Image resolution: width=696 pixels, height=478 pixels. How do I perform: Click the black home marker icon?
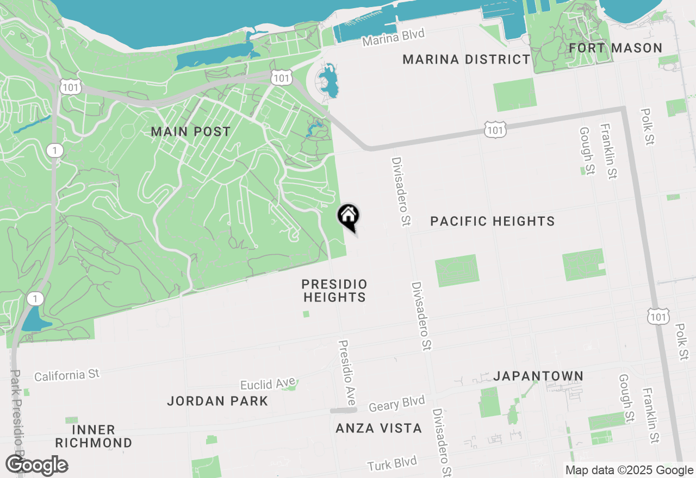tap(349, 217)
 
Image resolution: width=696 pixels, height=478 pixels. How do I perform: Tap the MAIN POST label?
tap(191, 131)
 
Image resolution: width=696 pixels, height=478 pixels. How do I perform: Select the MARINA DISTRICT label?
tap(467, 59)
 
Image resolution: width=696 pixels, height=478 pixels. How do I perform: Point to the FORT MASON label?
tap(616, 48)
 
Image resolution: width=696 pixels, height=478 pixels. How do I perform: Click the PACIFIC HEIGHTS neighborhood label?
tap(493, 221)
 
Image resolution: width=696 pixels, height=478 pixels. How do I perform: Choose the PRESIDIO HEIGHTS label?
tap(334, 291)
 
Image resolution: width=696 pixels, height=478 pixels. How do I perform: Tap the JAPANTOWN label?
tap(538, 376)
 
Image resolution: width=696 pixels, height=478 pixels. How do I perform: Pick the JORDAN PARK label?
tap(217, 401)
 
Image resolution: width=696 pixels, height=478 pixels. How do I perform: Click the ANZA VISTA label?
tap(378, 428)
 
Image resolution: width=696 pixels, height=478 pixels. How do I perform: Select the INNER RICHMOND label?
tap(94, 436)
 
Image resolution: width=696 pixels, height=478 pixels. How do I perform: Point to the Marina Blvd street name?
tap(393, 37)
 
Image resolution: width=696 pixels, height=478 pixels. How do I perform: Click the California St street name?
tap(67, 375)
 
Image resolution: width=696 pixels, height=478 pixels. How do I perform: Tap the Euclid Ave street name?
tap(268, 384)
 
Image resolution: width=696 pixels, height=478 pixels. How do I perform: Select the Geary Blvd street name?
tap(396, 404)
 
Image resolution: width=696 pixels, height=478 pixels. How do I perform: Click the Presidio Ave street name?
tap(346, 373)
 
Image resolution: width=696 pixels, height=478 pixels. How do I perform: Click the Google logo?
tap(37, 465)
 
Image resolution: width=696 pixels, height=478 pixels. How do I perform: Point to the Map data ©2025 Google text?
tap(629, 470)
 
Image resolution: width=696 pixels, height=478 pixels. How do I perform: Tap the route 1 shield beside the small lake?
tap(35, 298)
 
